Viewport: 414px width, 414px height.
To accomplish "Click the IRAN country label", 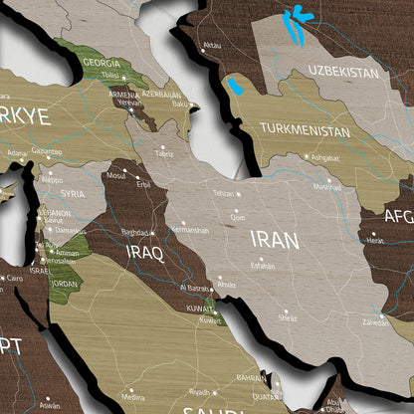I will click(274, 239).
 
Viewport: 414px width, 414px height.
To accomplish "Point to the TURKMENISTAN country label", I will click(305, 129).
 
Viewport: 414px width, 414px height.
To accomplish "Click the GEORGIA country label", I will click(102, 62).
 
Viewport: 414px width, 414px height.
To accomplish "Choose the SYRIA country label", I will click(73, 193).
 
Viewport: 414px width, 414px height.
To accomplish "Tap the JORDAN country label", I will click(65, 284).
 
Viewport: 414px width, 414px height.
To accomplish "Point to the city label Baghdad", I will click(134, 232).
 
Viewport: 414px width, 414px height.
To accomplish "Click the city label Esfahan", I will click(263, 266).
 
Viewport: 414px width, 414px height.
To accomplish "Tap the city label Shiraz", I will click(288, 318).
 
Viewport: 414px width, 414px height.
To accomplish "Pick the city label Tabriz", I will click(163, 154).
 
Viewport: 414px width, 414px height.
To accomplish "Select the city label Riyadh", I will click(201, 391).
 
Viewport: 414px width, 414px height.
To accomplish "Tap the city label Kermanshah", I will click(189, 230).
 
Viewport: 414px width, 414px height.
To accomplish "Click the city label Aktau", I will click(211, 45).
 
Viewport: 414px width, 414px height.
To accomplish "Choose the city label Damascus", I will click(69, 230).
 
